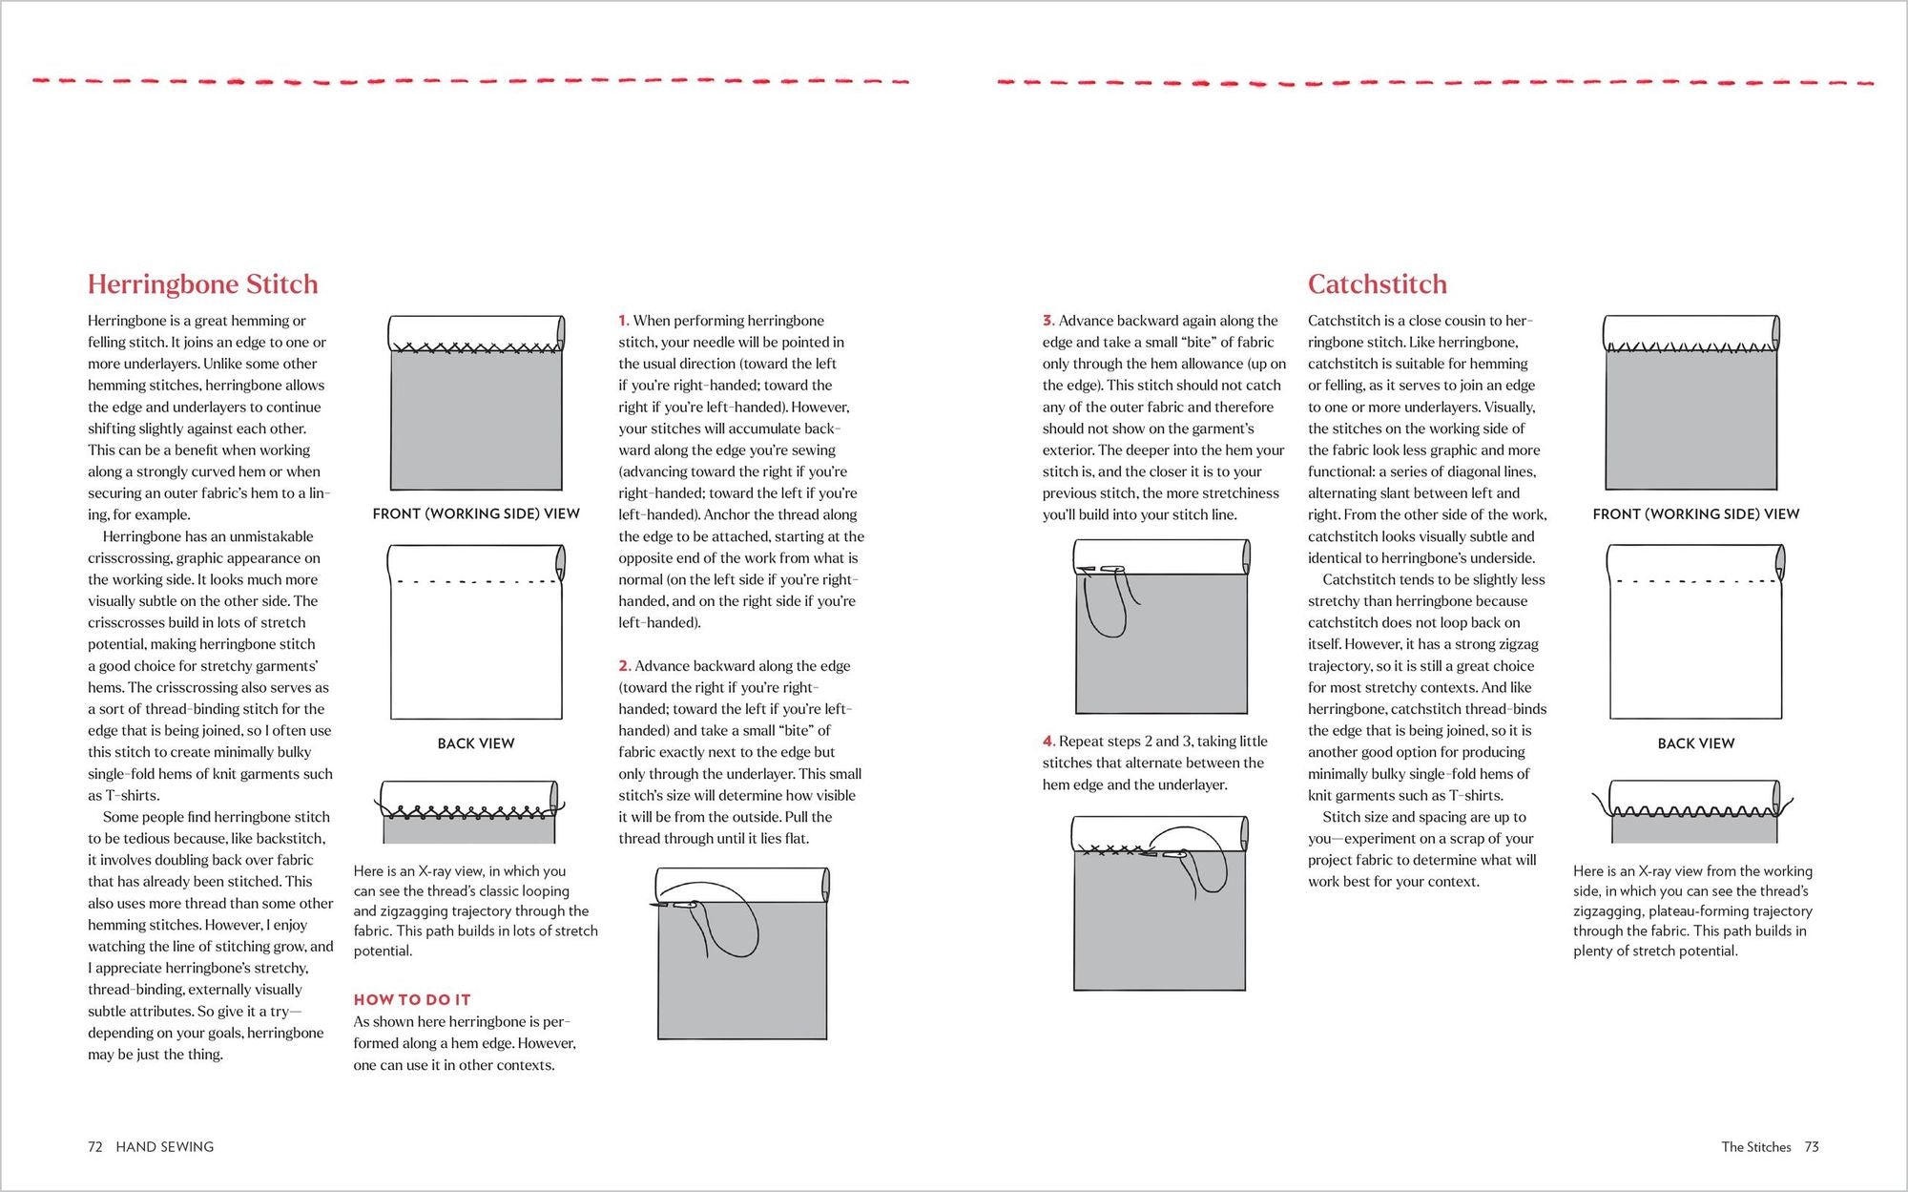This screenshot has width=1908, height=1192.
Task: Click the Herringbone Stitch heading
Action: (x=202, y=284)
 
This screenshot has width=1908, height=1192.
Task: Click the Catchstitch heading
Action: (x=1377, y=284)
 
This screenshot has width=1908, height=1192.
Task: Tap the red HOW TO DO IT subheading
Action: (x=412, y=999)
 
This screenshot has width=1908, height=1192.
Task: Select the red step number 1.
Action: (x=623, y=321)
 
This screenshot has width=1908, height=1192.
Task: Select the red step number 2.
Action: (x=624, y=666)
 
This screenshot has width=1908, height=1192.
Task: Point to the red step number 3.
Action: (x=1047, y=321)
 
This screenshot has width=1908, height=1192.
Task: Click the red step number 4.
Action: (x=1048, y=742)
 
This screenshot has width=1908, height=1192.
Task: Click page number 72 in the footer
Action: (x=95, y=1147)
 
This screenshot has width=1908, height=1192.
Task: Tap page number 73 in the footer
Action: (x=1812, y=1147)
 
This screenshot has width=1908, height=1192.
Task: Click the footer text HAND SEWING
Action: (x=165, y=1147)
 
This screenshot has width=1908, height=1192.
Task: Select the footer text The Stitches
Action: (x=1756, y=1147)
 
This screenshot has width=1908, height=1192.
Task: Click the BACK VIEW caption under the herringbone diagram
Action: (x=476, y=743)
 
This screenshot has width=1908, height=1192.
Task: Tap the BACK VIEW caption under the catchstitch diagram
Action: (x=1695, y=743)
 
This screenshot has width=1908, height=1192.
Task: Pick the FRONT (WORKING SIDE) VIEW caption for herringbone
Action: (x=476, y=513)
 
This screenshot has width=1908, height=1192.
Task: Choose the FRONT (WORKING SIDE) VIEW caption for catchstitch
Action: (x=1695, y=513)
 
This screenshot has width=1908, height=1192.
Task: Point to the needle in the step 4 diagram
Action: (x=1165, y=853)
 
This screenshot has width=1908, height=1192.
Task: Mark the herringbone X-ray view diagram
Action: (x=469, y=812)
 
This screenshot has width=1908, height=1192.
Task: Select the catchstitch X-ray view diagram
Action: (x=1694, y=812)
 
